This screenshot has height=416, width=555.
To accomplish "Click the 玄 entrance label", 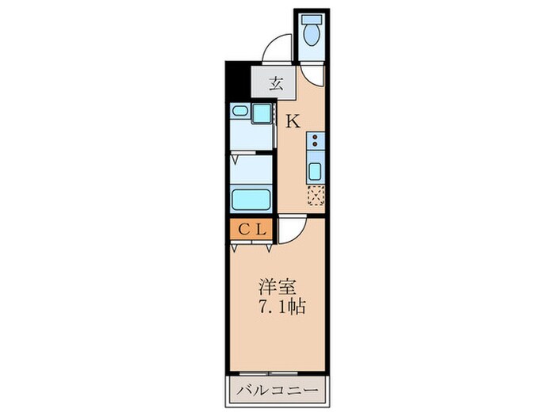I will click(274, 82).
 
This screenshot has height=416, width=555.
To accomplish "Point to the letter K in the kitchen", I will click(292, 121).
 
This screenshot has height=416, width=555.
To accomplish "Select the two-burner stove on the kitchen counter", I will click(316, 142).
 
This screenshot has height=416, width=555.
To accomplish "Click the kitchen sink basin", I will click(316, 170).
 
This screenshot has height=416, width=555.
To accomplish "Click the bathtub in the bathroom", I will click(251, 197).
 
